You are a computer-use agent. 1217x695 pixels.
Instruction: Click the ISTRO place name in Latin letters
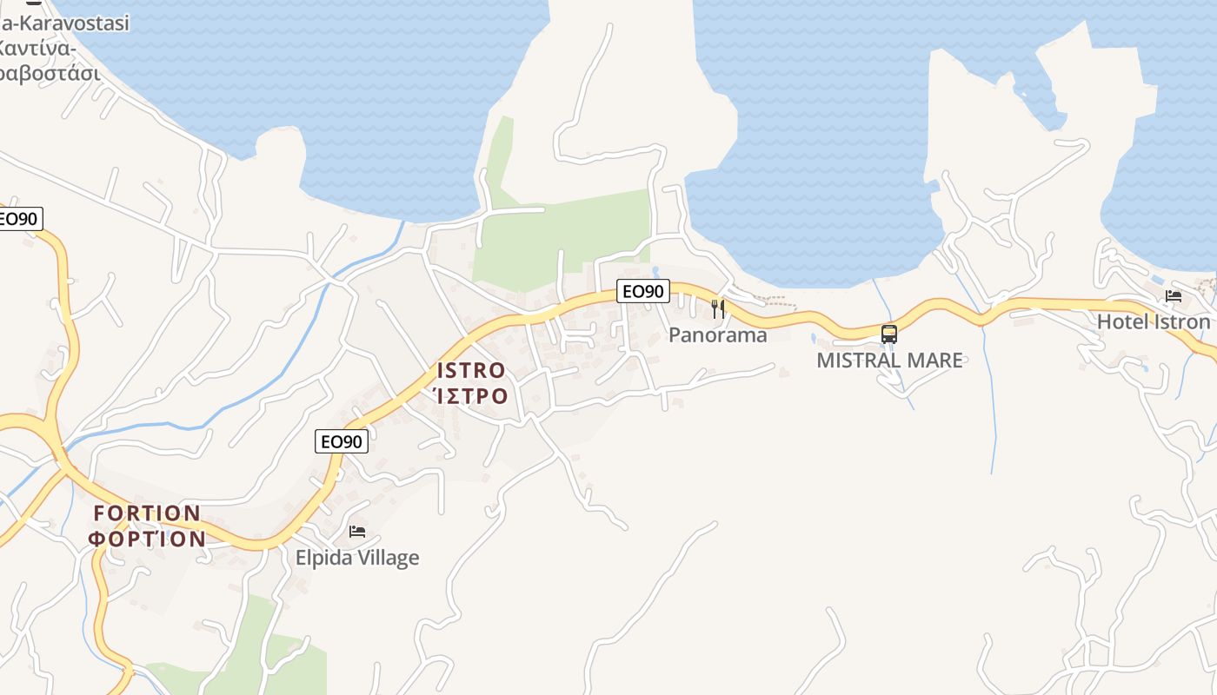pyautogui.click(x=471, y=370)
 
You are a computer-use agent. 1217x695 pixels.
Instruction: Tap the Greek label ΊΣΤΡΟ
pyautogui.click(x=470, y=396)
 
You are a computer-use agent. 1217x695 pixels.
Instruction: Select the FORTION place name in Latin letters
pyautogui.click(x=147, y=513)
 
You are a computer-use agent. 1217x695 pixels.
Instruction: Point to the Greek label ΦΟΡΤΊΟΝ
pyautogui.click(x=148, y=539)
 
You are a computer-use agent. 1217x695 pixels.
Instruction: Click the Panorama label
pyautogui.click(x=718, y=335)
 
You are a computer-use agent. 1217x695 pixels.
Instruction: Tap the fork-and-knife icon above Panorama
pyautogui.click(x=718, y=308)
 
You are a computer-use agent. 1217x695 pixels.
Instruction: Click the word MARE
pyautogui.click(x=935, y=360)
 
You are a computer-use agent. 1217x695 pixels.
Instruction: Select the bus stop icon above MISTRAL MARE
pyautogui.click(x=889, y=334)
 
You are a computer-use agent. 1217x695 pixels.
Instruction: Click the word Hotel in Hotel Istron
pyautogui.click(x=1121, y=321)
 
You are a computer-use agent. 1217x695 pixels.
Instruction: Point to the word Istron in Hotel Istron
pyautogui.click(x=1180, y=321)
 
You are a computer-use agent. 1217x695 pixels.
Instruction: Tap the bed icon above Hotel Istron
pyautogui.click(x=1174, y=296)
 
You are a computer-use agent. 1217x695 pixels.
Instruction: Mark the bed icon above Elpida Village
pyautogui.click(x=357, y=532)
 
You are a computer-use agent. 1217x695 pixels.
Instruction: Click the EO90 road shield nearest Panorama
pyautogui.click(x=643, y=291)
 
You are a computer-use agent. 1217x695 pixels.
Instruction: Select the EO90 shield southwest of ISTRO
pyautogui.click(x=342, y=441)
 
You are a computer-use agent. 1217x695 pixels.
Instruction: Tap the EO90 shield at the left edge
pyautogui.click(x=17, y=219)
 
